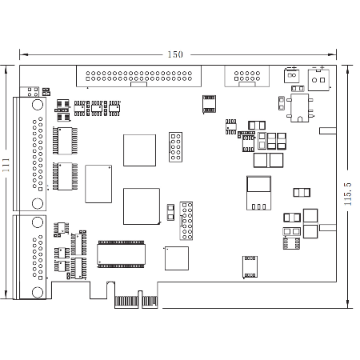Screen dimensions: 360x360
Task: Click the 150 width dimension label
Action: (175, 54)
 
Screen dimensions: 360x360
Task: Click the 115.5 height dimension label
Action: (347, 194)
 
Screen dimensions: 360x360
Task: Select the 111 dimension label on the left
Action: (6, 165)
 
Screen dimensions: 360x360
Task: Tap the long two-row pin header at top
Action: (138, 76)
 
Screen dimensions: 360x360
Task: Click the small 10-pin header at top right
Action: (247, 76)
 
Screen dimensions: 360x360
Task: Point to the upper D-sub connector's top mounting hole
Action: (38, 105)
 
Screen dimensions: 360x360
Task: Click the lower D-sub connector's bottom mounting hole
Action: (38, 292)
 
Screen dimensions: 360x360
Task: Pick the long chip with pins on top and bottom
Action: (122, 254)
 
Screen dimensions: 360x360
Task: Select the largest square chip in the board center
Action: (142, 206)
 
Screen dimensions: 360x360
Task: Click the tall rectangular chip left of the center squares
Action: (98, 184)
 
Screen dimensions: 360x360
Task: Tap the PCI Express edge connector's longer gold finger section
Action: (126, 302)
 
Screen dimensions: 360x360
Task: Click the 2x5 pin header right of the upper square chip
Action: (175, 147)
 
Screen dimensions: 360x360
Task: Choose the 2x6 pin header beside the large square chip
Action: (186, 221)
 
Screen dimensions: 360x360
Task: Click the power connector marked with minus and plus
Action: (318, 79)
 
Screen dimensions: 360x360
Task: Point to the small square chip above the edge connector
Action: (177, 258)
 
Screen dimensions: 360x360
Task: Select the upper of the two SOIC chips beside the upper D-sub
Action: (66, 141)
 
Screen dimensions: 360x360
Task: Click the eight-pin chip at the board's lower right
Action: (250, 267)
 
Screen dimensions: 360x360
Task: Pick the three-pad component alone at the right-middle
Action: (302, 192)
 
